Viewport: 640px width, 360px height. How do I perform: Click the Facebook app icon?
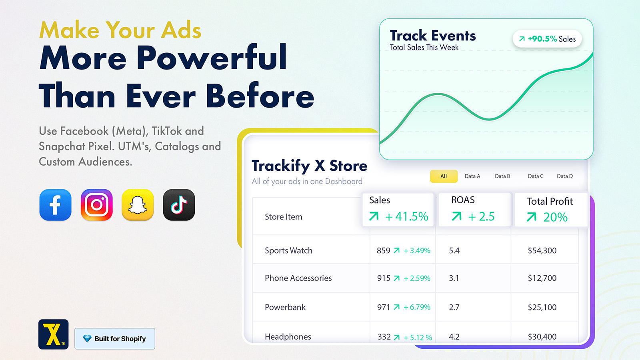click(x=55, y=205)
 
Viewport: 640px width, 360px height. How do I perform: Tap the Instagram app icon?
click(x=96, y=205)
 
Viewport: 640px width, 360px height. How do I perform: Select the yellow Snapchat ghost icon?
click(x=138, y=205)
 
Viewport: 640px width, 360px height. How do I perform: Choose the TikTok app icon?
click(x=179, y=205)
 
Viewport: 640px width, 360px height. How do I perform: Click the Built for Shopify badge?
click(x=115, y=338)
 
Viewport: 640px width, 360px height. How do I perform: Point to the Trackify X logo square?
click(x=53, y=334)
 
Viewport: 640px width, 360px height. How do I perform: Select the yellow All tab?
click(x=444, y=176)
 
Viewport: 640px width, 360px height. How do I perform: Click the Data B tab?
click(x=502, y=176)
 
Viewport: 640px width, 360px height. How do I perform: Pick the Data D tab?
click(x=564, y=176)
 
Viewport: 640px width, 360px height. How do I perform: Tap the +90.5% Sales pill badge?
click(x=547, y=39)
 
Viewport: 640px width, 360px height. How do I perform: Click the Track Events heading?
click(x=433, y=36)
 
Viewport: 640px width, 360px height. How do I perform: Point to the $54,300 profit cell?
click(x=542, y=250)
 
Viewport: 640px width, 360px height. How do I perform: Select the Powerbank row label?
click(x=285, y=307)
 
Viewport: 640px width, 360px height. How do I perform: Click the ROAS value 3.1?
click(x=454, y=278)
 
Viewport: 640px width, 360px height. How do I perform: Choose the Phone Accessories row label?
click(x=298, y=278)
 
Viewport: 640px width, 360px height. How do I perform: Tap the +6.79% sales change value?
click(x=417, y=307)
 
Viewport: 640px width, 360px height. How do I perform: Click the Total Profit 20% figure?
click(x=555, y=217)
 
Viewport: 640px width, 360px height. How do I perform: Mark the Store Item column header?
click(x=283, y=217)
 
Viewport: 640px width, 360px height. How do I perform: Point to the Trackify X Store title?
click(x=309, y=166)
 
